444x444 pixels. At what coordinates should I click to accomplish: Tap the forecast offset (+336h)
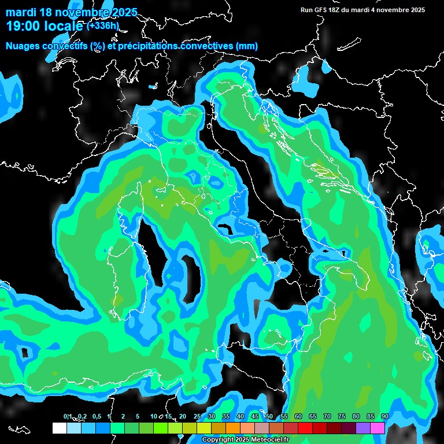tap(103, 25)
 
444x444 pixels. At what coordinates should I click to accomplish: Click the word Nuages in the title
tap(24, 46)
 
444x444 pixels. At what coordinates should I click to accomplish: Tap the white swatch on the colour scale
tap(60, 428)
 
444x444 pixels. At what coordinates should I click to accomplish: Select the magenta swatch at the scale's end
tap(378, 428)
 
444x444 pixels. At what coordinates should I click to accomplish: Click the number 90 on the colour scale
tap(384, 417)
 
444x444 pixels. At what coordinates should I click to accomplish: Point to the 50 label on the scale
tap(269, 417)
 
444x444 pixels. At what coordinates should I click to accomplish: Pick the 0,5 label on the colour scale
tap(96, 417)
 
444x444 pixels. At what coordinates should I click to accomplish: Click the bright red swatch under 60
tap(305, 428)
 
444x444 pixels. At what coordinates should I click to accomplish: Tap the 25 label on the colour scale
tap(197, 417)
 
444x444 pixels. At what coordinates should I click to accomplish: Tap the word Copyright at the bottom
tap(217, 440)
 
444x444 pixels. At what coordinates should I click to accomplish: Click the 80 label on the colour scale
tap(356, 417)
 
